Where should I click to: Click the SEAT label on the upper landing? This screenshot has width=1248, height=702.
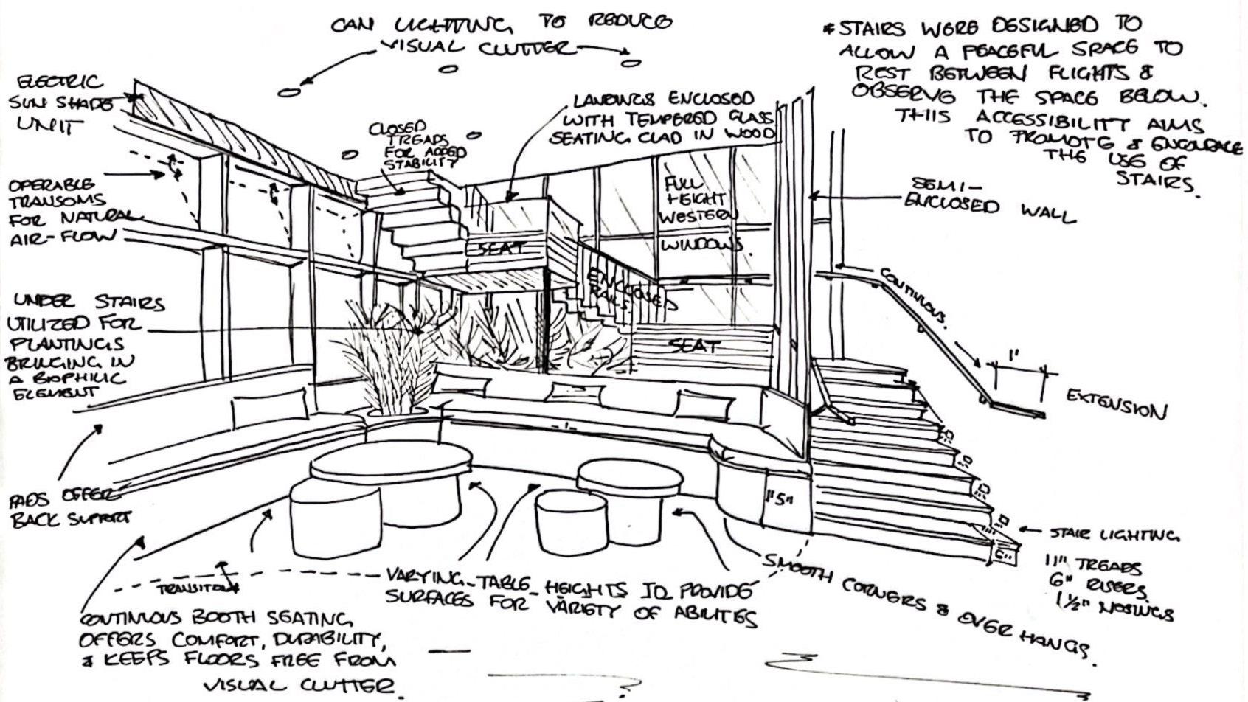pyautogui.click(x=501, y=249)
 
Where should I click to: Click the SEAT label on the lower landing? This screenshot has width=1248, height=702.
pyautogui.click(x=693, y=345)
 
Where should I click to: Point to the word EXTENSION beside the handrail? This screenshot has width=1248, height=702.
pyautogui.click(x=1116, y=403)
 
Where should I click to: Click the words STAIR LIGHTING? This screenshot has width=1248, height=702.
pyautogui.click(x=1114, y=534)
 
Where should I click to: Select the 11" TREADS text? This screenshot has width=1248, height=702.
pyautogui.click(x=1093, y=566)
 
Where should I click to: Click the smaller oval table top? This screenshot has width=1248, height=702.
pyautogui.click(x=628, y=479)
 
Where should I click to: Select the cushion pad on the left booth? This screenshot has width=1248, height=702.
pyautogui.click(x=270, y=408)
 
